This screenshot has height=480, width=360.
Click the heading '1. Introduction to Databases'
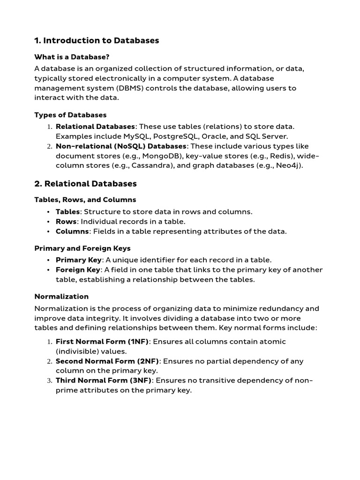[x=97, y=40]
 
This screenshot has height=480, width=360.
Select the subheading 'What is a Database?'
[x=72, y=57]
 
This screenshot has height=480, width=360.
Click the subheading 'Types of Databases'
[x=70, y=115]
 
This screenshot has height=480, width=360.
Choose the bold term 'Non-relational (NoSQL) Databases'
[x=121, y=146]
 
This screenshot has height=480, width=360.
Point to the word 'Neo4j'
[x=289, y=166]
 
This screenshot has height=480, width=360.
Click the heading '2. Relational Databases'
[x=85, y=183]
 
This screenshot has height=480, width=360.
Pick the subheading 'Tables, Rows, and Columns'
[x=85, y=200]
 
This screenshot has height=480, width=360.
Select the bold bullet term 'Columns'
[x=72, y=231]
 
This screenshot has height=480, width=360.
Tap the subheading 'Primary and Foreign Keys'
[x=82, y=248]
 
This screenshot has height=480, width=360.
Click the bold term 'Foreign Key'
[x=78, y=270]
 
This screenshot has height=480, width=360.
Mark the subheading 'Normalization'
[x=61, y=296]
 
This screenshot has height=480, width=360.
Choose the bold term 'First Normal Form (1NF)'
[x=102, y=341]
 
